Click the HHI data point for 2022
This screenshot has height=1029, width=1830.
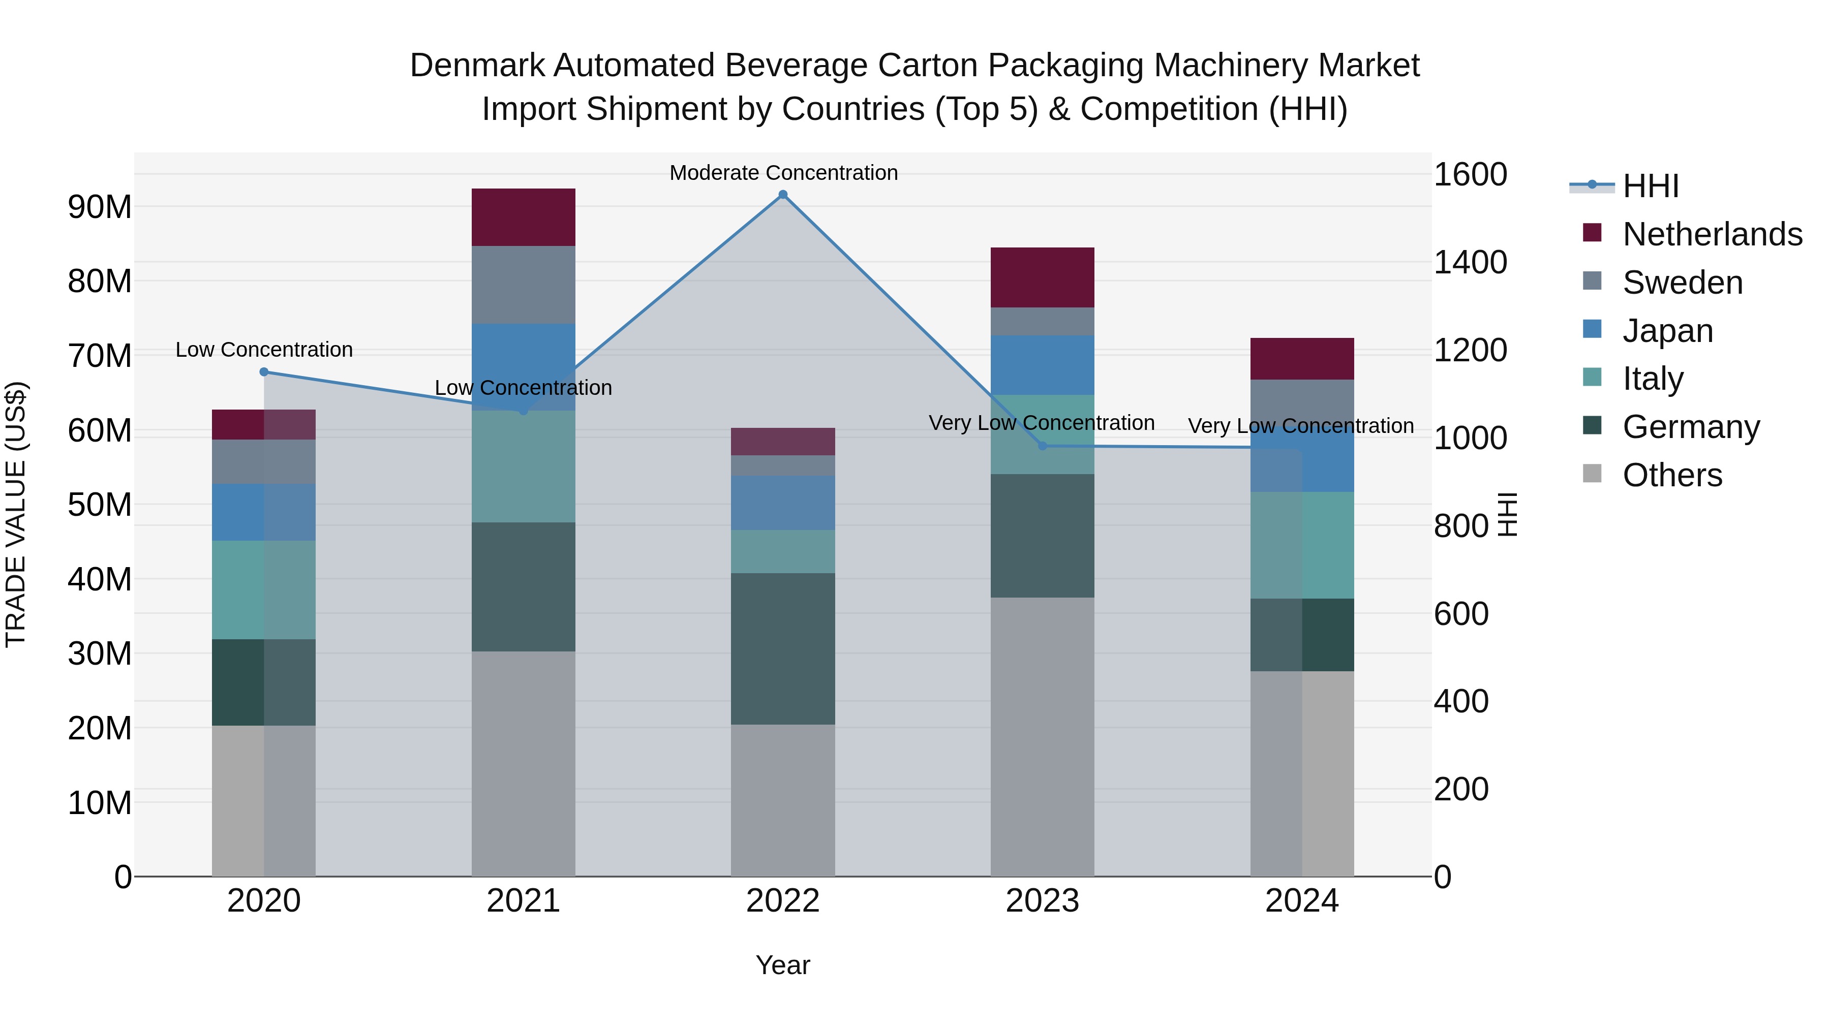[783, 195]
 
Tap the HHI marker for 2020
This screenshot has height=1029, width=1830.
[264, 371]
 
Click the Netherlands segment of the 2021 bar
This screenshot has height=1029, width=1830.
[524, 217]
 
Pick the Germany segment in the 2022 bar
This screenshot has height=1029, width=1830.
[783, 648]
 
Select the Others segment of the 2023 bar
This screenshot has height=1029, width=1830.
[1042, 736]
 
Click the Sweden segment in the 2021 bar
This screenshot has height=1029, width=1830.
[524, 285]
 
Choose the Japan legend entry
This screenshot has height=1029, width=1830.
[1667, 331]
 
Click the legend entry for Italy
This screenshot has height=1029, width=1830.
[1653, 379]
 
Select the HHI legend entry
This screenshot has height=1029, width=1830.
[1650, 186]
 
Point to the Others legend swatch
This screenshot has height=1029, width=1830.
[1592, 474]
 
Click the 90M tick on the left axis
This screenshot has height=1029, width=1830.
[100, 207]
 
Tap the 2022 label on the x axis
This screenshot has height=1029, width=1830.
[783, 901]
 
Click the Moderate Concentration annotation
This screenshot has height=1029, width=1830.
[783, 173]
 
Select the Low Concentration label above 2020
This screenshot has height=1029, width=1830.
[264, 350]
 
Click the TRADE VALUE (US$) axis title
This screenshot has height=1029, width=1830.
[16, 514]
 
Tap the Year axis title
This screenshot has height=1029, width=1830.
[783, 965]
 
